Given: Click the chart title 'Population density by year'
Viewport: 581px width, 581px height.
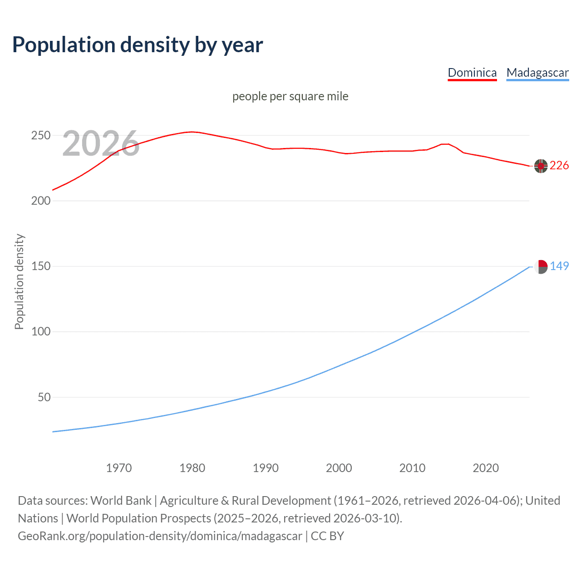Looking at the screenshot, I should (x=138, y=45).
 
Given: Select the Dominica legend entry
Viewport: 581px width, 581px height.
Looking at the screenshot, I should (x=472, y=73).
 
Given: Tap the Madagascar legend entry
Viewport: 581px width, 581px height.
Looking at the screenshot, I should (x=537, y=73).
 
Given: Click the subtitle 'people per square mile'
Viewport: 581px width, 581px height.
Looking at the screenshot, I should (x=290, y=96).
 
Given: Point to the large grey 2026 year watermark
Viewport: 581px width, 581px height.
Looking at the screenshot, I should (x=101, y=143).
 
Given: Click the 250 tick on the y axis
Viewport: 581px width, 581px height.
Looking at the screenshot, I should (x=40, y=136).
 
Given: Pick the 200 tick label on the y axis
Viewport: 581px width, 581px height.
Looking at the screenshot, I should (x=40, y=201).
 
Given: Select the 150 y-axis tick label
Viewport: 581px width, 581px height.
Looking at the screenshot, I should (x=40, y=266).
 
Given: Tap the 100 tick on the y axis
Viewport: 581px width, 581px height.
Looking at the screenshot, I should (x=40, y=332).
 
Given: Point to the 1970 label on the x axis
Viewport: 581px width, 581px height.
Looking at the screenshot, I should (x=119, y=468).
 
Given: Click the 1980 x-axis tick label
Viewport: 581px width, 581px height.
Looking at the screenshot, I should (x=192, y=468).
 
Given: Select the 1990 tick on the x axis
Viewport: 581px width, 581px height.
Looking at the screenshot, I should (x=266, y=468).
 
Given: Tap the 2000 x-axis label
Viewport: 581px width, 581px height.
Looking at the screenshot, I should (x=339, y=468).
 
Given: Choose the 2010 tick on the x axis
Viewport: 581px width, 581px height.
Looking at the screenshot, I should (x=412, y=468).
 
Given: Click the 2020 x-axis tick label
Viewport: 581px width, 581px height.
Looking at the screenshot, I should (x=486, y=468).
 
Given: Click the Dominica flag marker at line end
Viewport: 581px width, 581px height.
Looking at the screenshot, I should (x=541, y=166).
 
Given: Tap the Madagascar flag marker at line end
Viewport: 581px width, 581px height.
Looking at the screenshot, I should (x=541, y=267).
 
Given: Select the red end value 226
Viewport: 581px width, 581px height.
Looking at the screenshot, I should (x=559, y=166).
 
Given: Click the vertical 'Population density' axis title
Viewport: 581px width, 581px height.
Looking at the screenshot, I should (x=19, y=281).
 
